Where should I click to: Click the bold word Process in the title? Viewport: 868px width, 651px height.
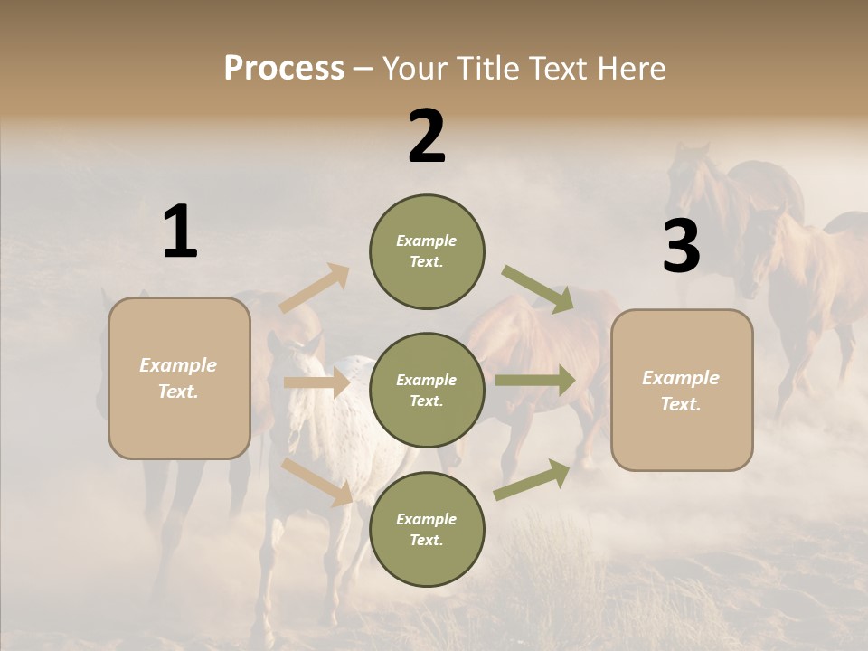[284, 69]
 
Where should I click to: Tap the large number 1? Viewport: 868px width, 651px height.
[180, 232]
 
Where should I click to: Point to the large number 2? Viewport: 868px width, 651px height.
[427, 137]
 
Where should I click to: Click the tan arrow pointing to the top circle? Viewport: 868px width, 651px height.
[315, 288]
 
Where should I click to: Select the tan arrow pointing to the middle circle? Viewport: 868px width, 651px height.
[316, 383]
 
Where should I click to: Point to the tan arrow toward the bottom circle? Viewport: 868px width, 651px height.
[317, 482]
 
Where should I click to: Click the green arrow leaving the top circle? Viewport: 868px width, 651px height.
[538, 289]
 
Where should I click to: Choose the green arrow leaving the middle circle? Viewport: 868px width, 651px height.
[535, 380]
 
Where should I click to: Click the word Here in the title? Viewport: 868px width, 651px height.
[631, 69]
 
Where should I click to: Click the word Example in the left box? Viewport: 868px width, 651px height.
[178, 365]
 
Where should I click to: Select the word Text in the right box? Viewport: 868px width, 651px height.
[680, 404]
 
